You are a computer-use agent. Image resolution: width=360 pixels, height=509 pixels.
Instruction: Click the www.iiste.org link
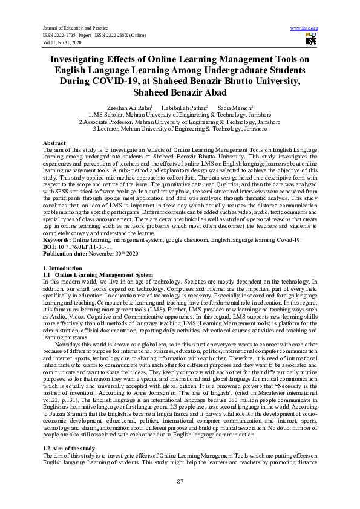click(304, 28)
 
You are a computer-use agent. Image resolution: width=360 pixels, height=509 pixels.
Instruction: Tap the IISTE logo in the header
click(311, 40)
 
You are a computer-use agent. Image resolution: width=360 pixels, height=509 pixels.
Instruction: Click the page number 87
click(180, 481)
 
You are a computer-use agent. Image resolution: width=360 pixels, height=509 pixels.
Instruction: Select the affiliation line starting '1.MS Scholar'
click(180, 114)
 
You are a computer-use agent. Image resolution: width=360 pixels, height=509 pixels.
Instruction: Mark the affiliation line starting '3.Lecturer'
click(180, 128)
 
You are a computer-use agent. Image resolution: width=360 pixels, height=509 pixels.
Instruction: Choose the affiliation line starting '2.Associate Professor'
click(180, 121)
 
